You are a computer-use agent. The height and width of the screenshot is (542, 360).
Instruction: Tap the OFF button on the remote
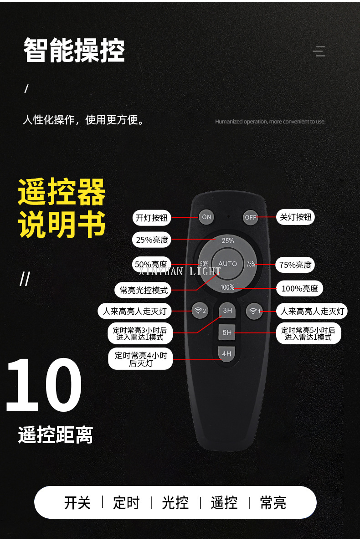click(x=250, y=217)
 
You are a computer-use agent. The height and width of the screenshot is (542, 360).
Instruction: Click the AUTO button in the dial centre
click(x=227, y=264)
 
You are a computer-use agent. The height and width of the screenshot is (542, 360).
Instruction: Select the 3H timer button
click(x=227, y=311)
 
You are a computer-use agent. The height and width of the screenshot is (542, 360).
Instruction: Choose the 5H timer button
click(x=227, y=332)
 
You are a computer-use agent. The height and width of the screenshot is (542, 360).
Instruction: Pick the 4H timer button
click(x=227, y=353)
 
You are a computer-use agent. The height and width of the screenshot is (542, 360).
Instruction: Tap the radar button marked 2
click(x=200, y=311)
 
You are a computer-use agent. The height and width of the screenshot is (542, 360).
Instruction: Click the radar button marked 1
click(x=254, y=311)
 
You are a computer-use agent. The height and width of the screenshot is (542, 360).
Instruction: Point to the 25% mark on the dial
click(x=228, y=240)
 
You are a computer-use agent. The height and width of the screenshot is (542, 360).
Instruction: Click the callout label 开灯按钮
click(x=151, y=218)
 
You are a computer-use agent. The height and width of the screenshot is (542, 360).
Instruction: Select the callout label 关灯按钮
click(x=295, y=217)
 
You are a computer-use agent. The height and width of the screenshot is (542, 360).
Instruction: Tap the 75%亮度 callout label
click(x=295, y=265)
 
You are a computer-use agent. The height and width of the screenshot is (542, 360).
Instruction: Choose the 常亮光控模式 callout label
click(x=143, y=290)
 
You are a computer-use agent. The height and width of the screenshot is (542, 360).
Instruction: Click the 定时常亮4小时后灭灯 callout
click(x=141, y=359)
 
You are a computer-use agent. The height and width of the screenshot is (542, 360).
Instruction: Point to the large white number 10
click(x=44, y=384)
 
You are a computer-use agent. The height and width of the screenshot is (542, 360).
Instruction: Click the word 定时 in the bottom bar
click(x=126, y=502)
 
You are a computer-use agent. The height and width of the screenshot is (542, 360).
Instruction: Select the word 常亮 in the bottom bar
click(x=273, y=502)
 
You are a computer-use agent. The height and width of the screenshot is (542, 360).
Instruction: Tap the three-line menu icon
click(x=319, y=51)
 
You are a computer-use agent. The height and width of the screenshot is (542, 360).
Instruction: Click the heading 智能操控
click(x=74, y=51)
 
